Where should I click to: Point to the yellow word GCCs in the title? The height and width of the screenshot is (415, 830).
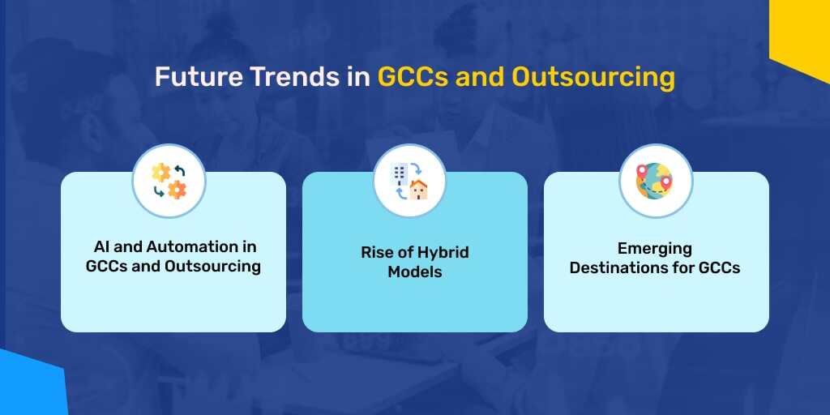tap(413, 78)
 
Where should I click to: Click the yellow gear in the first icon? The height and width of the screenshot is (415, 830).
tap(161, 172)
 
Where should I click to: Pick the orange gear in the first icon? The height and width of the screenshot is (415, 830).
tap(177, 190)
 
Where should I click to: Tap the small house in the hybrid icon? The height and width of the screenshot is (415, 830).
tap(418, 190)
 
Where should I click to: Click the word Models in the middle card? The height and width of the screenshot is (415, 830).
tap(415, 272)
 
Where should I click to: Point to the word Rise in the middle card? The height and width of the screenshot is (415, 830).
tap(377, 252)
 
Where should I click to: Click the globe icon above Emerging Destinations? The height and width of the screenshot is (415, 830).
tap(655, 181)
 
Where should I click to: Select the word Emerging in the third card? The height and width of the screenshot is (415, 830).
tap(655, 247)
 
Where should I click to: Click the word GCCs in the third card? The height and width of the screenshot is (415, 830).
tap(720, 267)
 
